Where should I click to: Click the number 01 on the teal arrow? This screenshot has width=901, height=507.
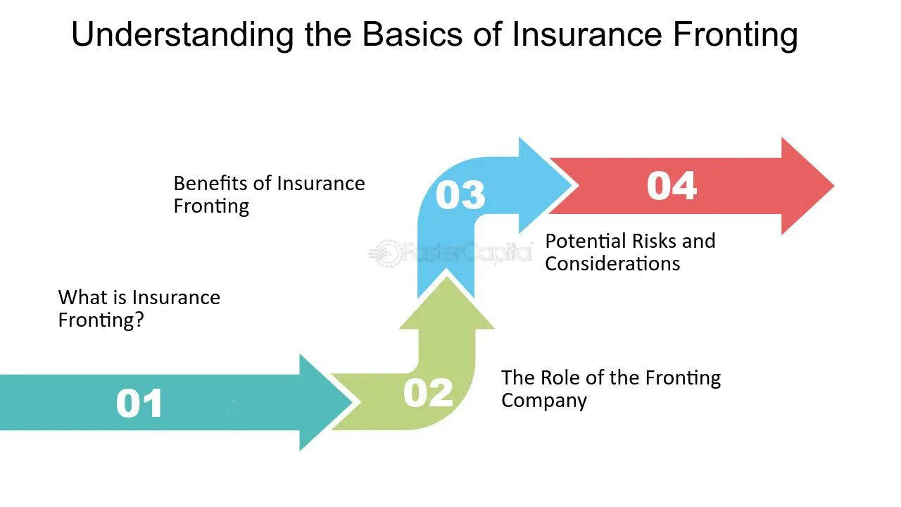pos(139,403)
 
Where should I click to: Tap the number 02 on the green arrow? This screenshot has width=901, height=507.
pos(428,392)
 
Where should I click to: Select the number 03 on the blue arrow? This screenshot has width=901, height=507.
pos(460,195)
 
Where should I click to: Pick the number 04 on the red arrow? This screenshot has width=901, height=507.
pos(672,185)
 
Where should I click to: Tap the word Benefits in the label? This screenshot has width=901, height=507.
pos(210,184)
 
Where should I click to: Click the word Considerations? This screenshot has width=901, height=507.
pos(612,264)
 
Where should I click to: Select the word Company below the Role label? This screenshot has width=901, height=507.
pos(543,401)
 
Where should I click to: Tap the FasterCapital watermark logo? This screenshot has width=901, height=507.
pos(450,252)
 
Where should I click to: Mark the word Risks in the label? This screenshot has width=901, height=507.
pos(655,242)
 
